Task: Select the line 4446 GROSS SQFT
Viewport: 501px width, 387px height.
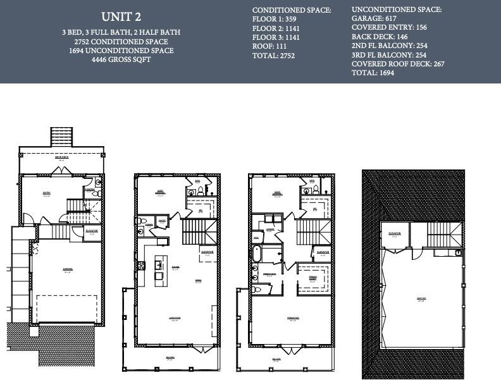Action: pos(121,59)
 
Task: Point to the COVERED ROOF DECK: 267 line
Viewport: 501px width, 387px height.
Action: pos(398,64)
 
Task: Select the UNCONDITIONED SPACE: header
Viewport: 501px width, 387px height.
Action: pos(397,9)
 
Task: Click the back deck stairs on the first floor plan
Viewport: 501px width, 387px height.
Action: pos(61,137)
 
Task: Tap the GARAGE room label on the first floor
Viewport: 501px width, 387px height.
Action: pos(67,269)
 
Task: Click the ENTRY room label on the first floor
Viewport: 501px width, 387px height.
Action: pos(46,194)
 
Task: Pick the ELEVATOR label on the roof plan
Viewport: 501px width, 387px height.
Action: pos(395,233)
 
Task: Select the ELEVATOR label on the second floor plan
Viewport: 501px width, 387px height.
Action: pos(207,251)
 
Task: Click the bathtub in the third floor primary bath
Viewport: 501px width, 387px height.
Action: pos(257,255)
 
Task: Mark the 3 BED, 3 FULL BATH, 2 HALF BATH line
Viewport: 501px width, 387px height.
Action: pos(121,32)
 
